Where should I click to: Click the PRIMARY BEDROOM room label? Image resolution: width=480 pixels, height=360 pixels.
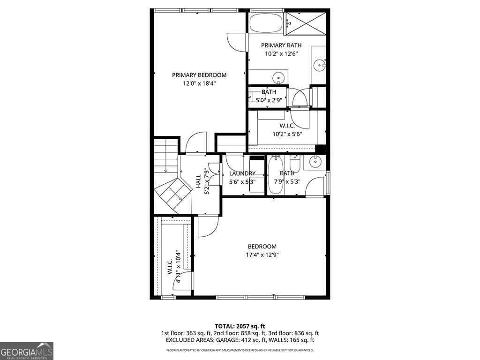pyautogui.click(x=199, y=75)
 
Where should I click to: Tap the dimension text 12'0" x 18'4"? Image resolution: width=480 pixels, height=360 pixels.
pyautogui.click(x=199, y=83)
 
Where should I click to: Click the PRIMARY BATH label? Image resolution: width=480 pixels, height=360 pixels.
pyautogui.click(x=281, y=45)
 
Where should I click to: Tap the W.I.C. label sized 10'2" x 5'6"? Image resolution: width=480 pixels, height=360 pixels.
pyautogui.click(x=287, y=126)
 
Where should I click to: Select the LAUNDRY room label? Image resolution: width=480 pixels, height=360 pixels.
pyautogui.click(x=242, y=173)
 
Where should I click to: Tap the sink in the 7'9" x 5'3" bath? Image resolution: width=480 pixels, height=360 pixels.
pyautogui.click(x=315, y=162)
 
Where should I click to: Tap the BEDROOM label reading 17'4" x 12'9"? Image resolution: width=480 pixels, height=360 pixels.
pyautogui.click(x=262, y=247)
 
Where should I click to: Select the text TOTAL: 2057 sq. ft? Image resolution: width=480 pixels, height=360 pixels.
pyautogui.click(x=240, y=326)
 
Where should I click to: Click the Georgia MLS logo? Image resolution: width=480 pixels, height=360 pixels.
pyautogui.click(x=27, y=351)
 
